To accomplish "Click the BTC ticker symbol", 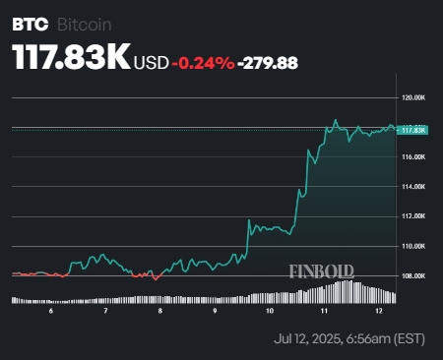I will (30, 23).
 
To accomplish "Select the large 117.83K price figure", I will (71, 58).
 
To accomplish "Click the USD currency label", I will (152, 63).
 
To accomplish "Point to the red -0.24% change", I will (203, 63).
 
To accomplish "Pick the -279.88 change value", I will (269, 63).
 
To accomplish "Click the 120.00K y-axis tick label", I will (413, 98).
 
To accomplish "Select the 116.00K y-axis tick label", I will (413, 157).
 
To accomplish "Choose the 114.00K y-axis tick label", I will (413, 187).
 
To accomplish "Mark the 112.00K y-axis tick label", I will (413, 216).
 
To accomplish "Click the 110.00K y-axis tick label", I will (413, 246).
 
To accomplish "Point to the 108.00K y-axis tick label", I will (413, 275).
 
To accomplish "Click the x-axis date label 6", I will (50, 311).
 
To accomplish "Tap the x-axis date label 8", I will (159, 311).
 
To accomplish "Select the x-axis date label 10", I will (269, 311).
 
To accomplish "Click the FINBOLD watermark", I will (321, 271).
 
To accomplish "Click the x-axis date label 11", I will (325, 311).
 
